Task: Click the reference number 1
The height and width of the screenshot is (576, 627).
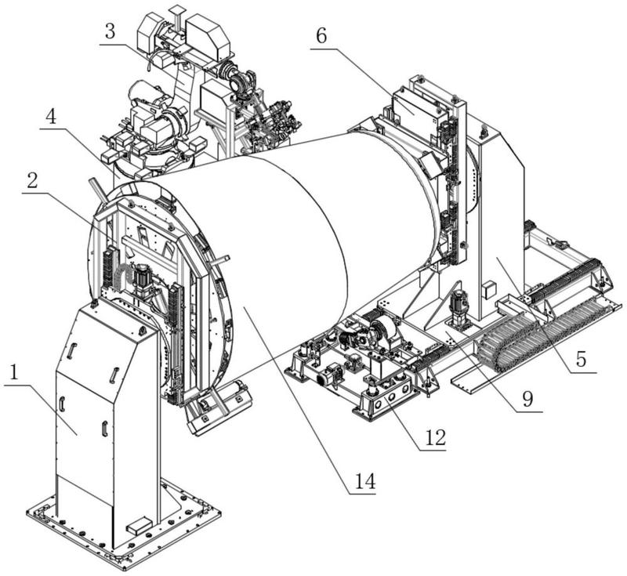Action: tap(14, 373)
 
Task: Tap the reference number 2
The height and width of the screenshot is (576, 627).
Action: tap(32, 181)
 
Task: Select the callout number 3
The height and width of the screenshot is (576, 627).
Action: tap(110, 32)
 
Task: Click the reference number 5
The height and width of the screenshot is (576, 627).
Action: tap(581, 359)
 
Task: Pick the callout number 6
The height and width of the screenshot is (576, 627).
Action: tap(321, 36)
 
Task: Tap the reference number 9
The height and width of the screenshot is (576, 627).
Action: tap(527, 398)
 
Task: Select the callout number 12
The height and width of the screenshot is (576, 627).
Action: tap(435, 438)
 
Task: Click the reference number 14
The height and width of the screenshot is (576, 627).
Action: tap(365, 481)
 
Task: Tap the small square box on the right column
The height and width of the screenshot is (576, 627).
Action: tap(488, 290)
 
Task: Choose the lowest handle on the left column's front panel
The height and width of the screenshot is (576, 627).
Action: tap(105, 428)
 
